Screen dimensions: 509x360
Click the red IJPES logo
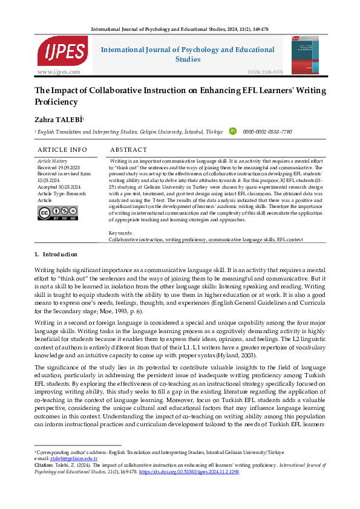click(x=54, y=52)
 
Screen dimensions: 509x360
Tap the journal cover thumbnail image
click(x=305, y=54)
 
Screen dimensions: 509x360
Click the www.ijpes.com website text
click(x=59, y=72)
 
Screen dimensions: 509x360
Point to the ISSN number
click(x=265, y=72)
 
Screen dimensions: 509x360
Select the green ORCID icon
click(x=233, y=131)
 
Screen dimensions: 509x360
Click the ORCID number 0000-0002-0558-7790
click(x=267, y=131)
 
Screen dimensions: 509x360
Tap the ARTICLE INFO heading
click(x=62, y=149)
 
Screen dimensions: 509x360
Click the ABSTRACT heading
click(x=128, y=149)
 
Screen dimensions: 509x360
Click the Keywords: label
click(x=121, y=233)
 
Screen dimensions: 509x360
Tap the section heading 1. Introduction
click(x=56, y=254)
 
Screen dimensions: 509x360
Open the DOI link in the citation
click(x=197, y=472)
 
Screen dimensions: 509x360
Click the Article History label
click(x=52, y=161)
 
